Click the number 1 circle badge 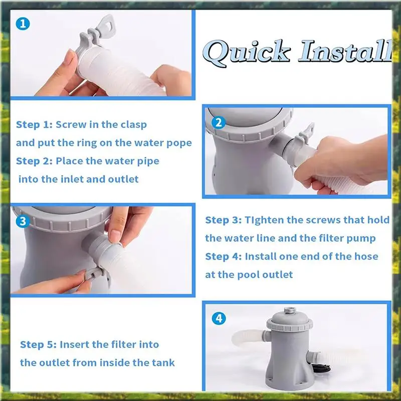point(23,24)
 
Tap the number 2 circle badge point(219,122)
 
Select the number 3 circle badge point(23,221)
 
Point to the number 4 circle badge point(219,318)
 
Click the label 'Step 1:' point(34,125)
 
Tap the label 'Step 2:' point(34,161)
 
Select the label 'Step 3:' point(224,220)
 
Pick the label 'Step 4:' point(224,257)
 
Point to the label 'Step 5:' point(39,345)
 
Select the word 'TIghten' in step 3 point(264,221)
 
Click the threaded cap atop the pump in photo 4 point(290,311)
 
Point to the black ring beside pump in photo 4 point(321,368)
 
